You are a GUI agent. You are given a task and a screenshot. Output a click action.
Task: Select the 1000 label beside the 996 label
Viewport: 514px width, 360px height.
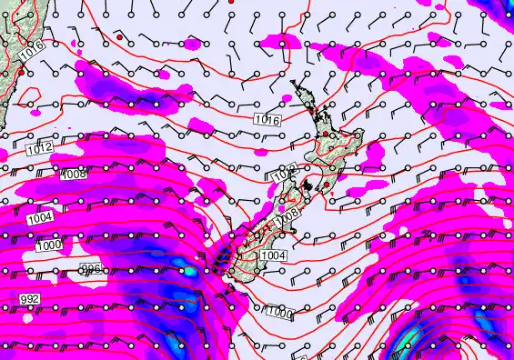tap(48, 246)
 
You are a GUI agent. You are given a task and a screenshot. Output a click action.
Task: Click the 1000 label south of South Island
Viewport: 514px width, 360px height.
tap(280, 314)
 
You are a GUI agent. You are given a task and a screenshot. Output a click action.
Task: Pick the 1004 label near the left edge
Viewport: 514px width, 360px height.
tap(39, 218)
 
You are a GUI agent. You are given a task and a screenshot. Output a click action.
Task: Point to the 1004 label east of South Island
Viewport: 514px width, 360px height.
tap(273, 256)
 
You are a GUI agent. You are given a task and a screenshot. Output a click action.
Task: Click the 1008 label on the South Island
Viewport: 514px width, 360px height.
tap(288, 215)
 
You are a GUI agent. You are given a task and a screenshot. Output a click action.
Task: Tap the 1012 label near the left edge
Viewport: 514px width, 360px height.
tap(37, 148)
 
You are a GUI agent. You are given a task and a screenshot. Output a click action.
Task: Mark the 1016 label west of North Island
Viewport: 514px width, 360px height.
tap(267, 119)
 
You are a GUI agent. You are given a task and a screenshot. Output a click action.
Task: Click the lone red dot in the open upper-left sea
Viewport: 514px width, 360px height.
tap(118, 37)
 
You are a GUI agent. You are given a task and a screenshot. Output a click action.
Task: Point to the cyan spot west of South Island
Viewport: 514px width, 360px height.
tap(189, 270)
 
